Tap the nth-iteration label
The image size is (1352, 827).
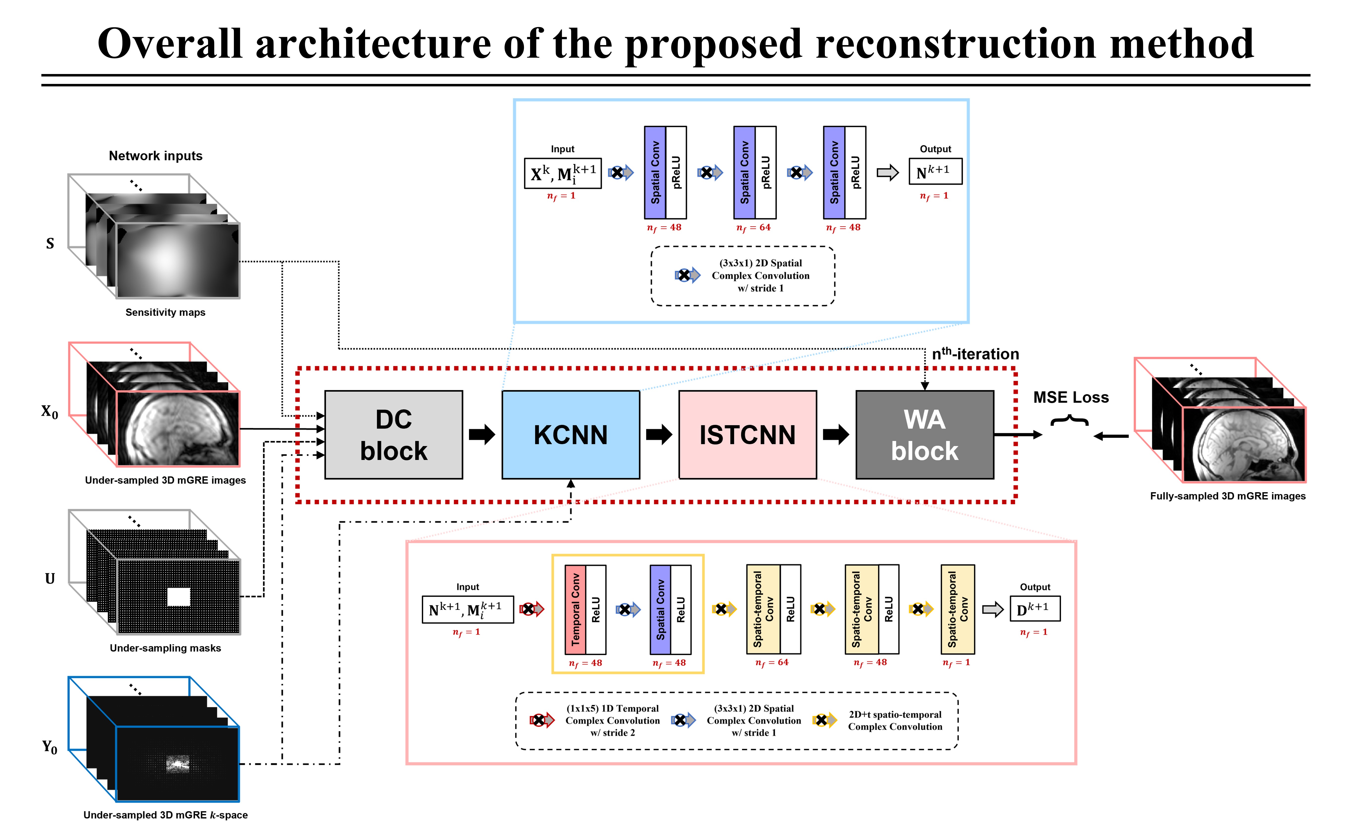[x=975, y=354]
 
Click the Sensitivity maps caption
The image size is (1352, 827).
[x=165, y=312]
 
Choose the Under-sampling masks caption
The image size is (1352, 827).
[x=165, y=648]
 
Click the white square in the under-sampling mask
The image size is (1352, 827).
[x=178, y=597]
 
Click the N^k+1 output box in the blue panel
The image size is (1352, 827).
[x=935, y=172]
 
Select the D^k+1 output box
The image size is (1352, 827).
[x=1035, y=609]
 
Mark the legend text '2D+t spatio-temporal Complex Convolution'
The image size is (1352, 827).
[x=895, y=721]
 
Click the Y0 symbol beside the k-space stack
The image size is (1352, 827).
[x=49, y=747]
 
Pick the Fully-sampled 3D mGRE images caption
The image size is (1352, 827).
[x=1227, y=496]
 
